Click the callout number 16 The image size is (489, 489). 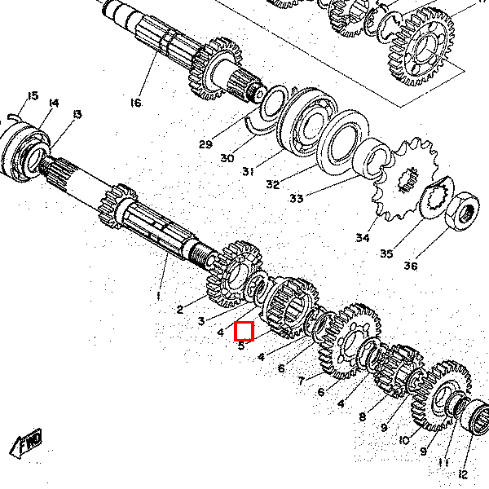135,103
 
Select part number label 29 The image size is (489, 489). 205,144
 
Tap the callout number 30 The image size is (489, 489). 227,158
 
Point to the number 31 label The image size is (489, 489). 249,171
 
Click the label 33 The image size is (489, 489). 295,198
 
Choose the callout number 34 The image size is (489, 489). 362,238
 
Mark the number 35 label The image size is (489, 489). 386,253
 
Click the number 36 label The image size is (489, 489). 410,266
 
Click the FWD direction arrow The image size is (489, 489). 26,443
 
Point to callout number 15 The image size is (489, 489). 32,96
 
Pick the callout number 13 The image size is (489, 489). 77,114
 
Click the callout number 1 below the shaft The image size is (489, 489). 159,294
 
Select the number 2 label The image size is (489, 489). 181,309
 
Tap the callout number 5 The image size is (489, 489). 241,345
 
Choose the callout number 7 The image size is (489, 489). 301,380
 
